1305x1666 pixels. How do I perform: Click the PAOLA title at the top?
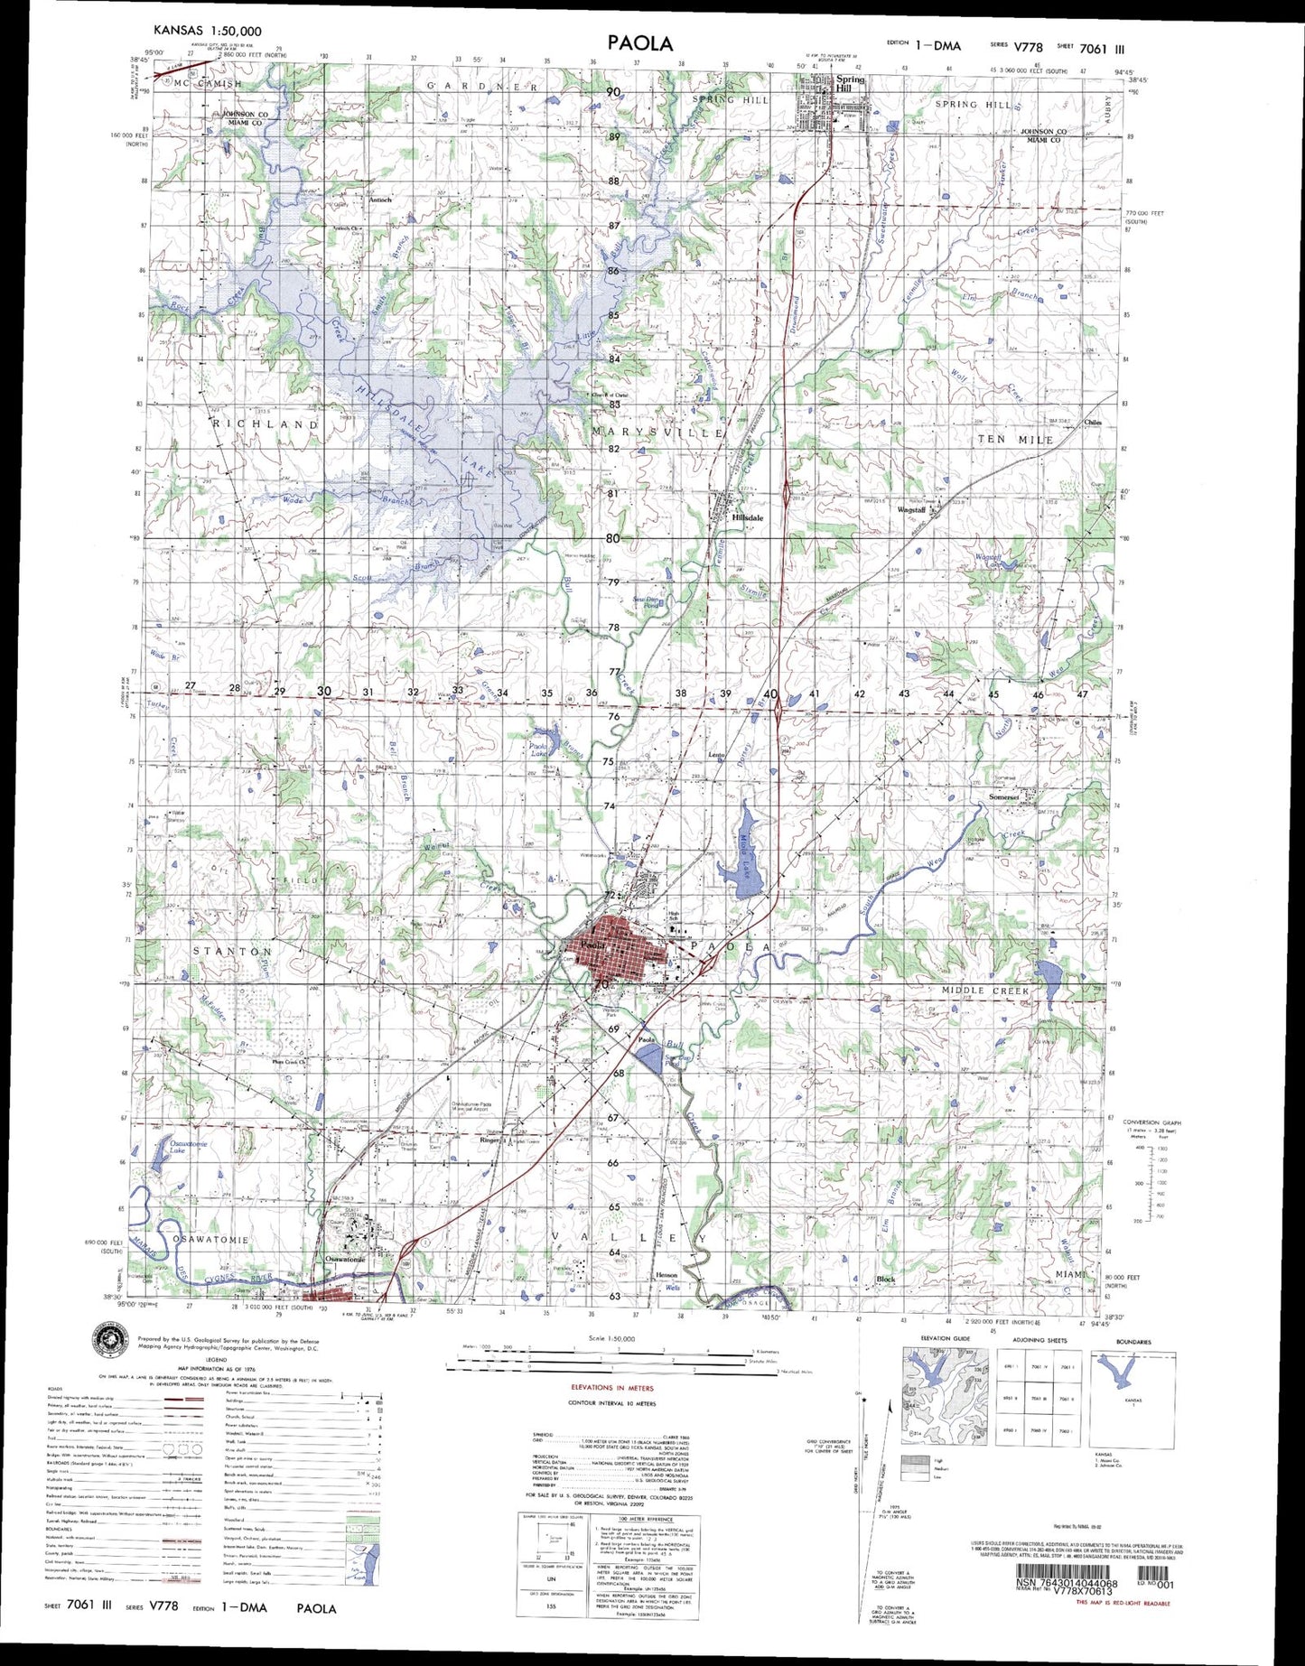(639, 42)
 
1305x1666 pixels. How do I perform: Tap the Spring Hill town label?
(850, 83)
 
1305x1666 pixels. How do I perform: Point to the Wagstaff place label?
(910, 510)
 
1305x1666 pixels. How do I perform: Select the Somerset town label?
(1003, 797)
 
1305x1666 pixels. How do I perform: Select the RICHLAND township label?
(266, 423)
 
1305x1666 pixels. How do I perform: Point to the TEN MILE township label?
(1015, 439)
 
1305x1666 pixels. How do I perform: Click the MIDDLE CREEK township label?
(985, 991)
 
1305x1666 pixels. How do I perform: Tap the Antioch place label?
(379, 200)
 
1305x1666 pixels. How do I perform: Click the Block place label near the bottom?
(886, 1280)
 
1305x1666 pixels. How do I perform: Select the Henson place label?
(666, 1275)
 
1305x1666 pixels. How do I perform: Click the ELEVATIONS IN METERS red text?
(612, 1387)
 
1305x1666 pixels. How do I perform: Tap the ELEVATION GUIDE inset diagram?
(944, 1395)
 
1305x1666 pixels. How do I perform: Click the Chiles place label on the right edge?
(1093, 423)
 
